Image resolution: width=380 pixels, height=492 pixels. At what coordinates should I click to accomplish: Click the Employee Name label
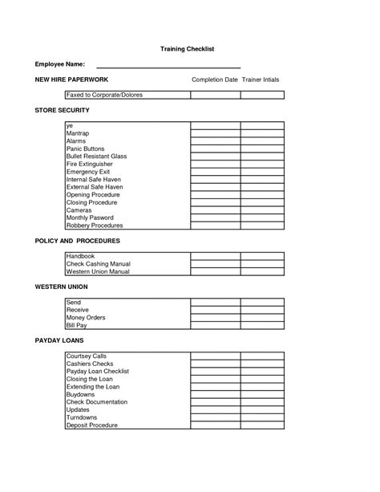[60, 63]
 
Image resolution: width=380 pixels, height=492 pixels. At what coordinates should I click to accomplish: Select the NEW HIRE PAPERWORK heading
[72, 80]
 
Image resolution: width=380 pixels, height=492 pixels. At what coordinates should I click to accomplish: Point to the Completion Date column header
[214, 80]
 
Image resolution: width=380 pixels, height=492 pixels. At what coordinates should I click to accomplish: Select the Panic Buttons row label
[87, 149]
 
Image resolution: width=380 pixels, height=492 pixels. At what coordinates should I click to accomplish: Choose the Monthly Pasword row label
[90, 218]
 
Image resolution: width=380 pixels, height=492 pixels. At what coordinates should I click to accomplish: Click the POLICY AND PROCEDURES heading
[78, 241]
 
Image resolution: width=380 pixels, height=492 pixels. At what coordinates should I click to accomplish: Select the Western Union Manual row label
[98, 271]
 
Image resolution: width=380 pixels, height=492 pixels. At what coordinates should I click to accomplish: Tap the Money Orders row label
[86, 317]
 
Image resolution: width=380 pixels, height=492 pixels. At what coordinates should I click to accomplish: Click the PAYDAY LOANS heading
[59, 340]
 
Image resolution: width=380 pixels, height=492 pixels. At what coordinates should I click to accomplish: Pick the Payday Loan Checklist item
[98, 371]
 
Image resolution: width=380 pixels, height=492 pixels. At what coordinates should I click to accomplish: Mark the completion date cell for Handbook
[215, 256]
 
